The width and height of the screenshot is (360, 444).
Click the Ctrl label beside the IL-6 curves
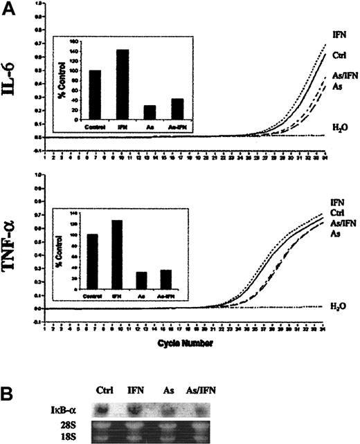click(x=339, y=53)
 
